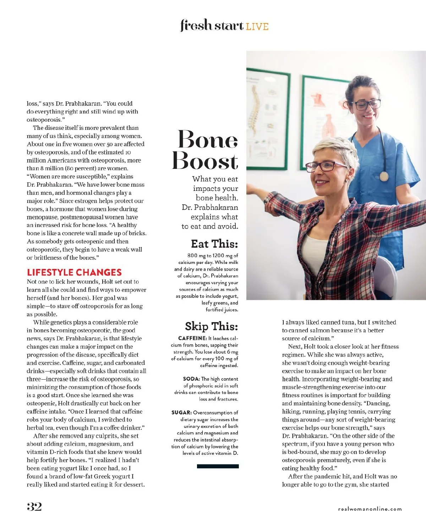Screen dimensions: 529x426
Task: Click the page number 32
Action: tap(34, 507)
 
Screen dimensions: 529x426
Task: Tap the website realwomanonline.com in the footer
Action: tap(370, 509)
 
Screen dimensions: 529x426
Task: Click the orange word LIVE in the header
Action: tap(257, 27)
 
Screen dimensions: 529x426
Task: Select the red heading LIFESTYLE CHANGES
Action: tap(74, 272)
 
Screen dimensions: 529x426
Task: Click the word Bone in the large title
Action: tap(208, 139)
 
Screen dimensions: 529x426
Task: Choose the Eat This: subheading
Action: tap(214, 244)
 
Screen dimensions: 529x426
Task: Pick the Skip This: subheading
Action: tap(211, 326)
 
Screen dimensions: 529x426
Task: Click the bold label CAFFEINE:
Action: tap(192, 338)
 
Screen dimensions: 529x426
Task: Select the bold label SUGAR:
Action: tap(181, 413)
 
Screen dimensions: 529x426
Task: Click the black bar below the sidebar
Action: tap(218, 466)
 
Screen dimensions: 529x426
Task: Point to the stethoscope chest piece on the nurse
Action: tap(384, 176)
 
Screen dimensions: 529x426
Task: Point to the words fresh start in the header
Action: tap(212, 26)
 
